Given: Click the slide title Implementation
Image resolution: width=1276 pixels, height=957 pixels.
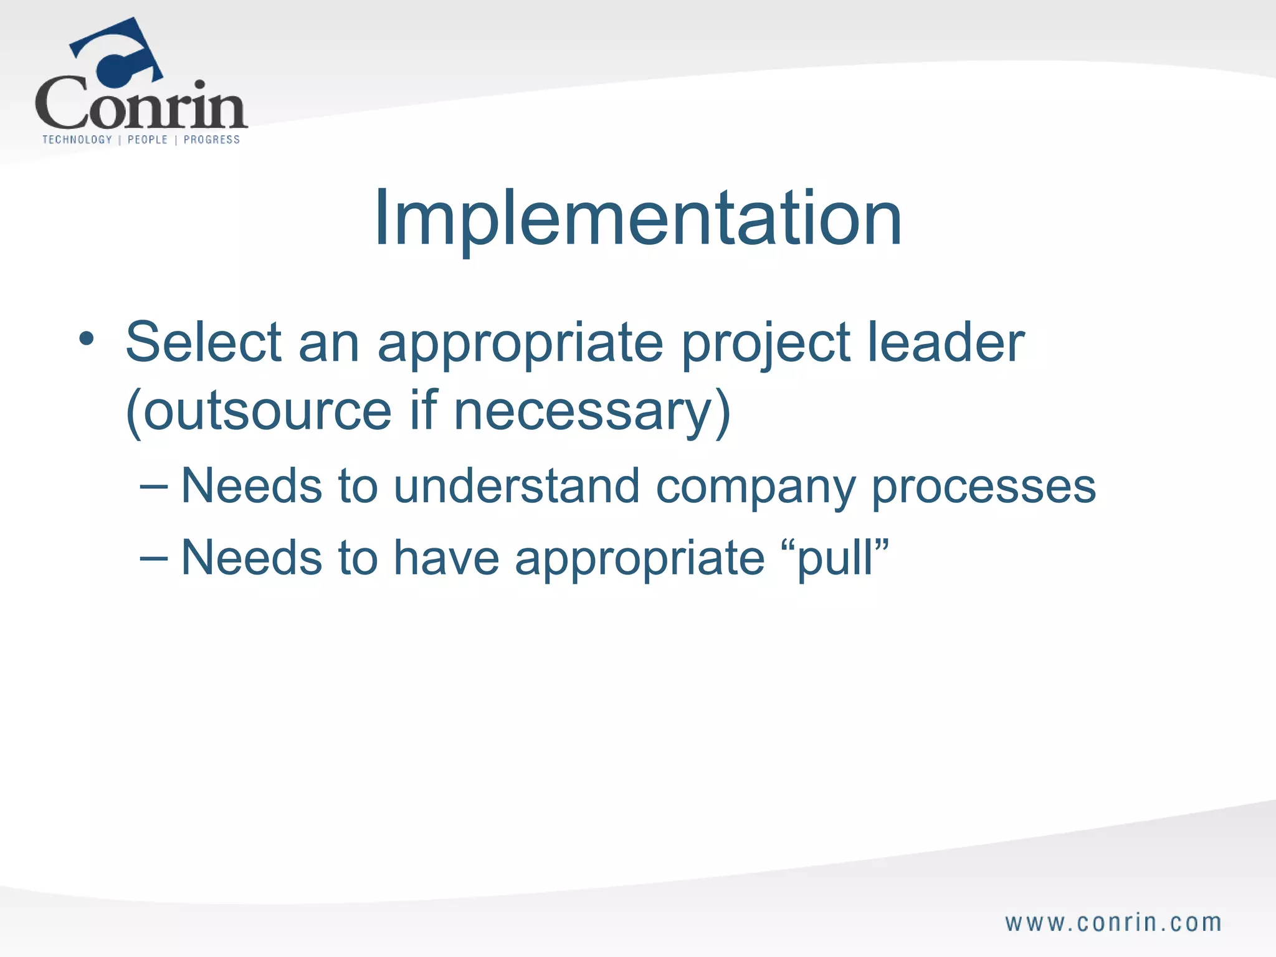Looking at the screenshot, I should [x=637, y=219].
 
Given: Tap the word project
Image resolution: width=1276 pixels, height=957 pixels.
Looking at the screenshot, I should [x=766, y=345].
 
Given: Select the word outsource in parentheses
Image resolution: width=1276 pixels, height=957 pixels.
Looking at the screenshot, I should [x=267, y=411].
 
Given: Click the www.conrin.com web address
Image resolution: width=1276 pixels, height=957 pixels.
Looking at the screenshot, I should [x=1113, y=923].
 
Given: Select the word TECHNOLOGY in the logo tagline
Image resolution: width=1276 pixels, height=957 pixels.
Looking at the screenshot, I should [x=77, y=140].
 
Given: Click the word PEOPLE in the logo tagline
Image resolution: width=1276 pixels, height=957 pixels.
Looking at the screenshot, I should [x=148, y=140].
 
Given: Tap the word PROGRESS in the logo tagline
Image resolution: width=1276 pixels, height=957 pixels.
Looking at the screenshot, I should [x=212, y=140].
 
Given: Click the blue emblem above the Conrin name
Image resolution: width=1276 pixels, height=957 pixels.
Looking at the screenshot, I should [x=118, y=53].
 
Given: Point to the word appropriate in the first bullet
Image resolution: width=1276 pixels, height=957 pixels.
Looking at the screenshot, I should [x=520, y=345].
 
